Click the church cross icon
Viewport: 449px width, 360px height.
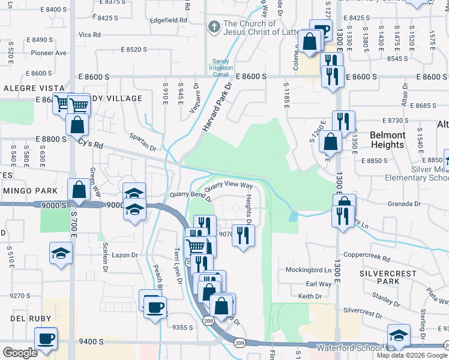point(213,26)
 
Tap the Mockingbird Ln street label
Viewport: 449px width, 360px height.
point(308,270)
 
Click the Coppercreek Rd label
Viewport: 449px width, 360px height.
point(367,256)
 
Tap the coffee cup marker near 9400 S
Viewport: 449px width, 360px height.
point(46,338)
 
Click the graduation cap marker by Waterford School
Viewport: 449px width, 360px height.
point(398,336)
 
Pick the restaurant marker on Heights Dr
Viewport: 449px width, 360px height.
point(243,235)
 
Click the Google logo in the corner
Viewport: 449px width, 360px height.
point(19,353)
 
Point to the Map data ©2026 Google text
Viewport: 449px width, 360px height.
point(412,355)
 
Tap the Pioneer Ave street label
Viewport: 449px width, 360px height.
point(49,53)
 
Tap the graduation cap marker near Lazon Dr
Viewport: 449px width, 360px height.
point(60,254)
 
